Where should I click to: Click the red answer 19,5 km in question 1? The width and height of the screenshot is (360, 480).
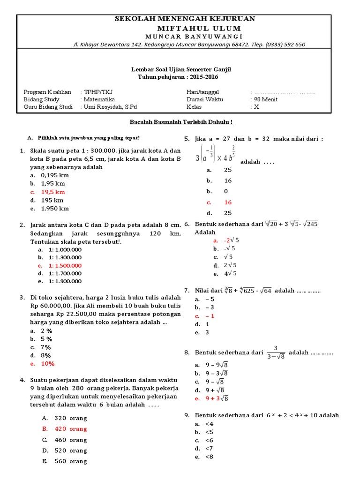pos(52,192)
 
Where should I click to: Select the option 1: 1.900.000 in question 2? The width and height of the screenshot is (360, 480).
pos(65,281)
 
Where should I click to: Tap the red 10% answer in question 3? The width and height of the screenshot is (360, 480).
pos(48,363)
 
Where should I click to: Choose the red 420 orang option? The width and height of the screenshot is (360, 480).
pos(71,429)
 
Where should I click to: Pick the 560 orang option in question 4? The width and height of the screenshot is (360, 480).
pos(71,461)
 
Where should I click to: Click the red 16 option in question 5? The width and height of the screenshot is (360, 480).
pos(228,202)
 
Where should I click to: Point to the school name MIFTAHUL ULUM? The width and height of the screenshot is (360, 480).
pos(185,28)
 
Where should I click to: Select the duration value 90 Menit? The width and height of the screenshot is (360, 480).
pos(265,99)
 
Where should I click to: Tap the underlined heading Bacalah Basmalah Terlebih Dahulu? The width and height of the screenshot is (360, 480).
pos(181,122)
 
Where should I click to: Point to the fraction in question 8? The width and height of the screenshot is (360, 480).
pos(276,352)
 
